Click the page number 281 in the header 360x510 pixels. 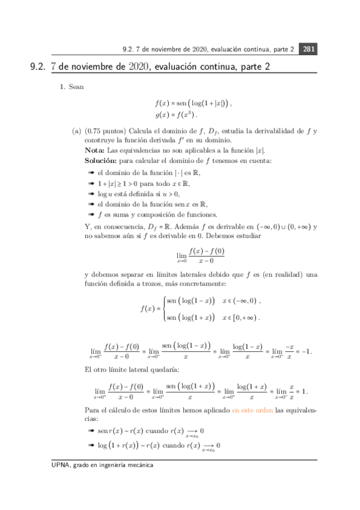[307, 49]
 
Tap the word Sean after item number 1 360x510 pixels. [75, 87]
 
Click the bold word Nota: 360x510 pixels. [95, 150]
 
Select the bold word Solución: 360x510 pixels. [101, 160]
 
